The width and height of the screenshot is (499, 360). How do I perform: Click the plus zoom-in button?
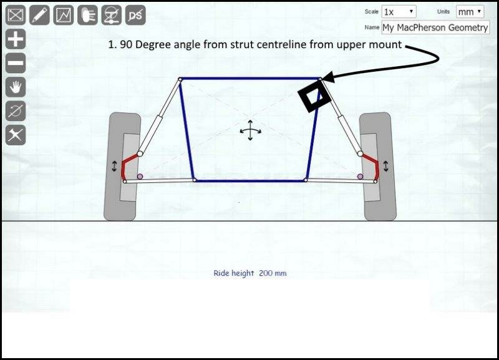click(16, 39)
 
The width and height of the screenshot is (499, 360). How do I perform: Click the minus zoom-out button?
click(16, 63)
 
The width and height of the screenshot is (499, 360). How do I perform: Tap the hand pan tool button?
click(16, 87)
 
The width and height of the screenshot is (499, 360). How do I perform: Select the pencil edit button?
click(39, 15)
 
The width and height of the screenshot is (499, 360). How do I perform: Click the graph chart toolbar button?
click(64, 15)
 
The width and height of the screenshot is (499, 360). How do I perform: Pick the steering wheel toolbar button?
click(112, 15)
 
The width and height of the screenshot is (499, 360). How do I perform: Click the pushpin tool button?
click(16, 135)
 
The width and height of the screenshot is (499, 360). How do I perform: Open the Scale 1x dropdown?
click(399, 12)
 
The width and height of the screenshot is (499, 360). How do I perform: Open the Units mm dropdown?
click(470, 12)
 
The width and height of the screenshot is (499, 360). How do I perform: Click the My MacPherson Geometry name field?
click(435, 27)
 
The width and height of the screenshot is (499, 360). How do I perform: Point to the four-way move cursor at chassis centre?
click(250, 130)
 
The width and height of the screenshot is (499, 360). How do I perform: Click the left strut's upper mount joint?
click(180, 79)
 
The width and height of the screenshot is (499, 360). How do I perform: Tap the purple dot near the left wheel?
click(140, 177)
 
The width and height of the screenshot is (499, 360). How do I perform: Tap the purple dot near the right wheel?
click(360, 177)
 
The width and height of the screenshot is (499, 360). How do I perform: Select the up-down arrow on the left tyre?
click(114, 167)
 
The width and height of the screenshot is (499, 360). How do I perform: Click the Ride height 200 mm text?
click(250, 273)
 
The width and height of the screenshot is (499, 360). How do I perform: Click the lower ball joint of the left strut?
click(140, 154)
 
